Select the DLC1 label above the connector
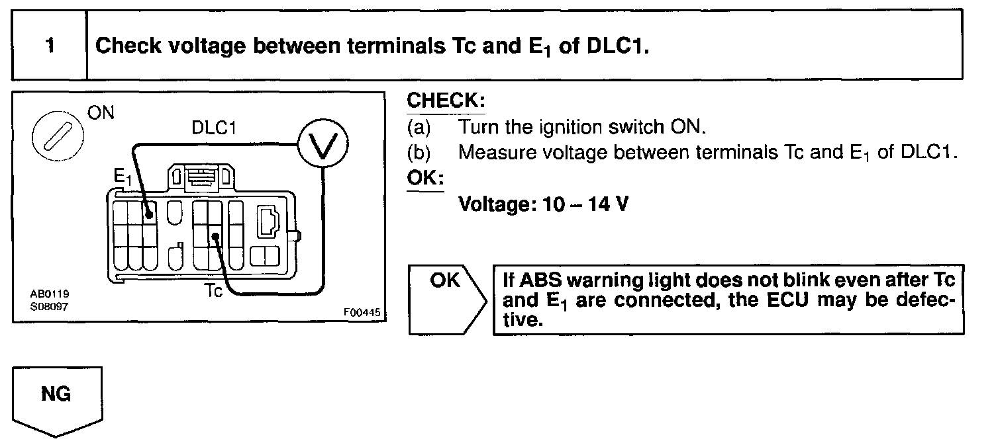(x=214, y=128)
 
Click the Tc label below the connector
(x=214, y=290)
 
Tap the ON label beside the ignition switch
(x=101, y=114)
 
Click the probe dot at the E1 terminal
(x=150, y=215)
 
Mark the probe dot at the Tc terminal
(x=215, y=237)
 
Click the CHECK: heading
(x=446, y=101)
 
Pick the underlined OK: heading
(x=424, y=179)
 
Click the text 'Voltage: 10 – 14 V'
(x=544, y=204)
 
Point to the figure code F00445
(x=362, y=312)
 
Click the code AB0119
(x=50, y=294)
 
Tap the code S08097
(x=50, y=306)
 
